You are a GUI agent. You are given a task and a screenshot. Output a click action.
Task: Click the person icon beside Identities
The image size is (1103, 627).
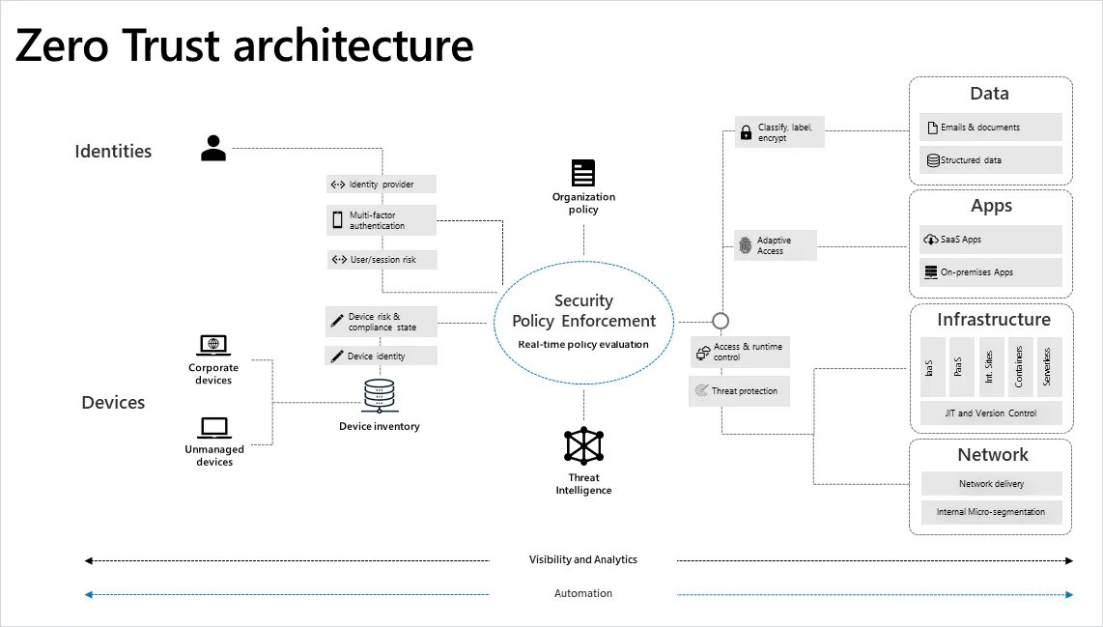point(213,148)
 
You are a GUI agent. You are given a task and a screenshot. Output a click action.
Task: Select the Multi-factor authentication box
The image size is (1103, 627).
point(381,219)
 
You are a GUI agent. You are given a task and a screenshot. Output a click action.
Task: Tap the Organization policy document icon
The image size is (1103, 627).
point(583,173)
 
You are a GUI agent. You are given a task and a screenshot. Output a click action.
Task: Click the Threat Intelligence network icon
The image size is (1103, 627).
point(583,445)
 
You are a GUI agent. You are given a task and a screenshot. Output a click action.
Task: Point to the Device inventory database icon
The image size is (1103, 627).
point(380,395)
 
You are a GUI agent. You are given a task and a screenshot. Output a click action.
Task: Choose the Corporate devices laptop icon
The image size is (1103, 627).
point(213,345)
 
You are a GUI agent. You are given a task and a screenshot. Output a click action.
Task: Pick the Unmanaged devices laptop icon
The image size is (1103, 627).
point(213,427)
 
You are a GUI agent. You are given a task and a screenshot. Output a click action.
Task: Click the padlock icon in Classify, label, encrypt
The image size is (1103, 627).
point(746,133)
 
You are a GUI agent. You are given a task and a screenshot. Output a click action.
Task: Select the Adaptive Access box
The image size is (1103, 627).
point(776,245)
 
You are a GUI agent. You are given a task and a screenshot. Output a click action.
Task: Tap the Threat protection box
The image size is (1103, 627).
point(740,391)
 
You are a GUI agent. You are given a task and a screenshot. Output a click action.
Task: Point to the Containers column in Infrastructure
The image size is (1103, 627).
point(1019,367)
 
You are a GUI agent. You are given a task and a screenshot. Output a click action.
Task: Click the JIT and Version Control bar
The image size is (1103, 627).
point(991,413)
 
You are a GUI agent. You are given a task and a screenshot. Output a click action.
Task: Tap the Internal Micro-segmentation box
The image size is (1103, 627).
point(991,512)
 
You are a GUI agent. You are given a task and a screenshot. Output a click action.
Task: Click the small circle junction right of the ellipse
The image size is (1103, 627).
point(720,321)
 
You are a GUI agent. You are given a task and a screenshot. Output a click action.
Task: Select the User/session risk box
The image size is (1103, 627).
point(381,260)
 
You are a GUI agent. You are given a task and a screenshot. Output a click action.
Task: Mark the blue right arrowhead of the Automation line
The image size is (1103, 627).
point(1068,594)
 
